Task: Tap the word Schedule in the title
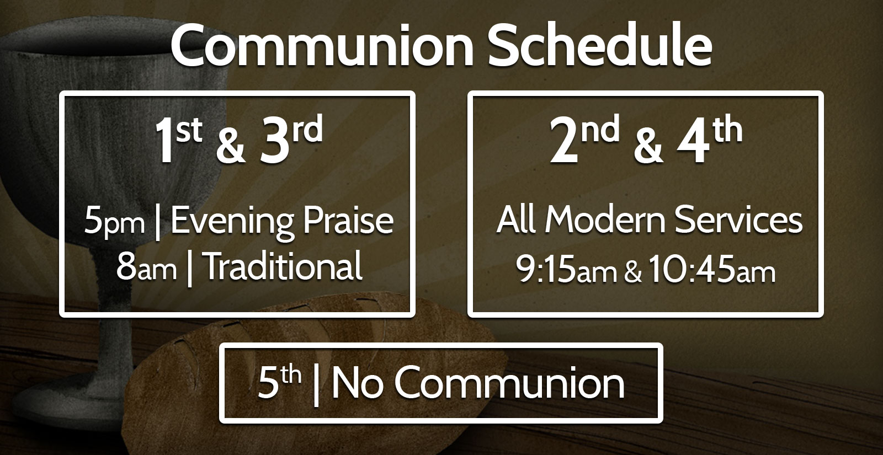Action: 600,45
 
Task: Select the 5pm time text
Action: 114,221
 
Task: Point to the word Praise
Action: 348,220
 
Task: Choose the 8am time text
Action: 146,267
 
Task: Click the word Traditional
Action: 284,266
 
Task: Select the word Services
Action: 738,220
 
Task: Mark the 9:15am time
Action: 566,270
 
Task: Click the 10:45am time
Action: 712,270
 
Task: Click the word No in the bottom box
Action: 357,383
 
